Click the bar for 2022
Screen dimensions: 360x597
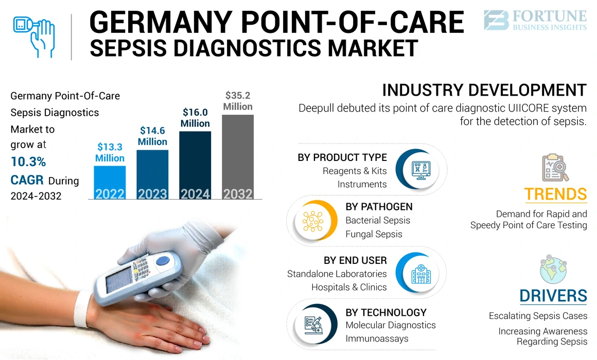tap(110, 183)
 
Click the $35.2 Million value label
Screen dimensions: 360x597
tap(238, 101)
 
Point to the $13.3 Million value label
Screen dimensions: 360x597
tap(110, 153)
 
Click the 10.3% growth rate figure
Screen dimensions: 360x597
tap(28, 162)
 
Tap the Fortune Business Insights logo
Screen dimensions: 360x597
tap(535, 20)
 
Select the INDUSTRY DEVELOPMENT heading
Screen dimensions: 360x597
tap(484, 90)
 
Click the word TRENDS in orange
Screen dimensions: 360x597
tap(555, 194)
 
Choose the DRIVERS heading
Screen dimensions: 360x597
tap(553, 296)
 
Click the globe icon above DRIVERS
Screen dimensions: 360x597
tap(554, 269)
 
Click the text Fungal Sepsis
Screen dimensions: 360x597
tap(374, 234)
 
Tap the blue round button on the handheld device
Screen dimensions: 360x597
tap(163, 261)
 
